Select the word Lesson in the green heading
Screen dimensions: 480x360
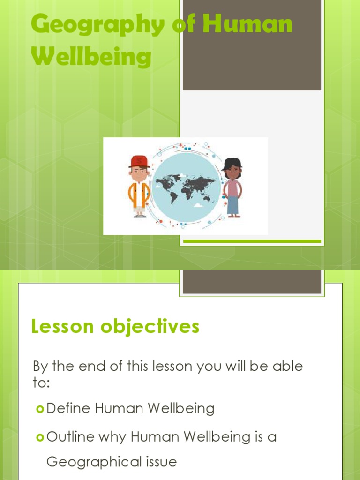61,326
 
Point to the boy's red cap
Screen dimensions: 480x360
139,161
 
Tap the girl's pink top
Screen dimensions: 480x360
232,188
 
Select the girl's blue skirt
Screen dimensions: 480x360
233,205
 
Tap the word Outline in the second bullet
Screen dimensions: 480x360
70,437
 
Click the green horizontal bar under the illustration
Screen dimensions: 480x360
252,241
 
